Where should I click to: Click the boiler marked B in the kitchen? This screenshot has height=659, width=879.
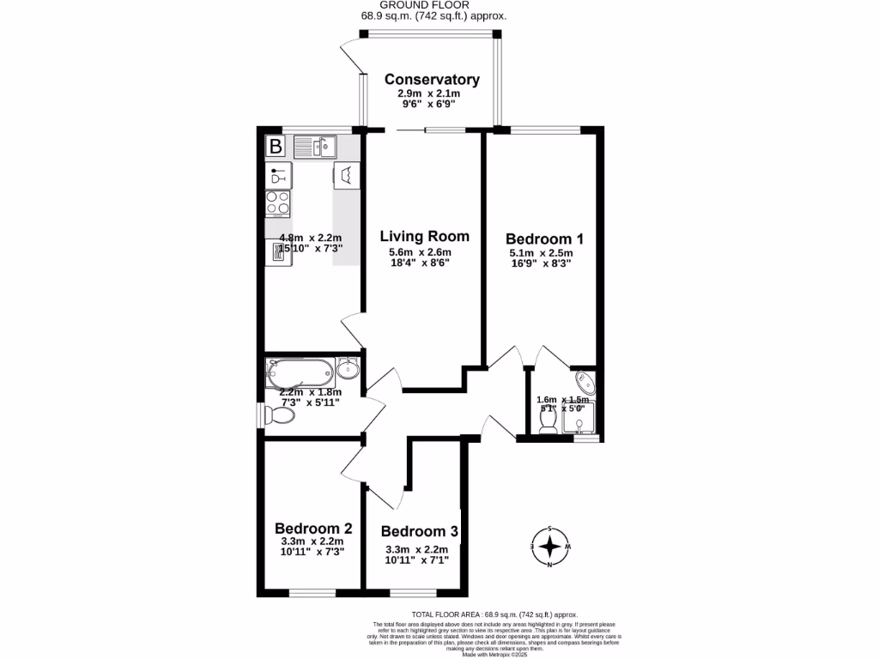(x=276, y=147)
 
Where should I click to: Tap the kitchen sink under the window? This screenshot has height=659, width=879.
(x=314, y=148)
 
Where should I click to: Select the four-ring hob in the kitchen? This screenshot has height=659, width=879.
(x=277, y=203)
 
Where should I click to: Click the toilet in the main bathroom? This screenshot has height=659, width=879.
(x=279, y=415)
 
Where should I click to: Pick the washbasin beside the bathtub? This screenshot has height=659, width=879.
(x=347, y=369)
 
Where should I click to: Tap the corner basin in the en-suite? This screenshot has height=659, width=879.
(x=584, y=380)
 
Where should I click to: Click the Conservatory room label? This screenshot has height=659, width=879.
(x=432, y=80)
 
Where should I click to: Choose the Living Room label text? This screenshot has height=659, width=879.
(x=425, y=236)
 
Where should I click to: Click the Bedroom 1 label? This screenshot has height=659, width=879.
(x=538, y=239)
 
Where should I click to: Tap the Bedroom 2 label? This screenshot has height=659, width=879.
(x=312, y=528)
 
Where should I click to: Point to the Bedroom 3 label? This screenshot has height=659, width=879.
(x=418, y=532)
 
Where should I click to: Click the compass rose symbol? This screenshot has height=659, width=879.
(x=550, y=546)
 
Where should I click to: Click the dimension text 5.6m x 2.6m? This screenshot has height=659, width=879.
(x=420, y=252)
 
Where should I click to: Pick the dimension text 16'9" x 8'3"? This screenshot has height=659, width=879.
(x=539, y=264)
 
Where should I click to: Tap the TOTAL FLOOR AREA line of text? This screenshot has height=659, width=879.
(x=495, y=614)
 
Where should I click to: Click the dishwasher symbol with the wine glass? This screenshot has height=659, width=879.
(x=277, y=176)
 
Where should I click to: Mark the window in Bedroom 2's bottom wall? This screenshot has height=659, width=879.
(x=312, y=592)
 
